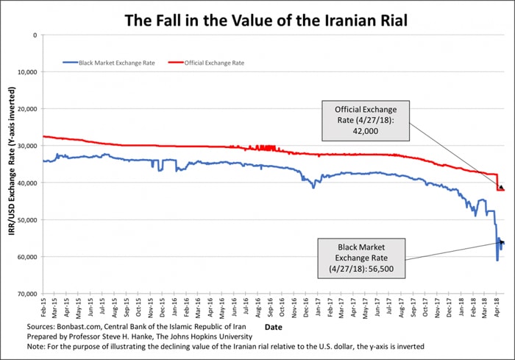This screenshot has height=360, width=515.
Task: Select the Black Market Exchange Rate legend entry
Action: pos(107,63)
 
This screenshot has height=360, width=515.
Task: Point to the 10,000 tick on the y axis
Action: pos(26,72)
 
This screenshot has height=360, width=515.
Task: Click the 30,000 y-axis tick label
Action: pos(26,146)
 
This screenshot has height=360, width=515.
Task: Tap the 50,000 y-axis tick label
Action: pos(26,219)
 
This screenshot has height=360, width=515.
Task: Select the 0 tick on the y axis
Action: pos(34,35)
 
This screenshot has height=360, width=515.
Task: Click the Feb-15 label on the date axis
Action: pos(45,307)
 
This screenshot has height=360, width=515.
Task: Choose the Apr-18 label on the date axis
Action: pos(496,307)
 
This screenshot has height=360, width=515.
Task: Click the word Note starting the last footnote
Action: pos(36,347)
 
